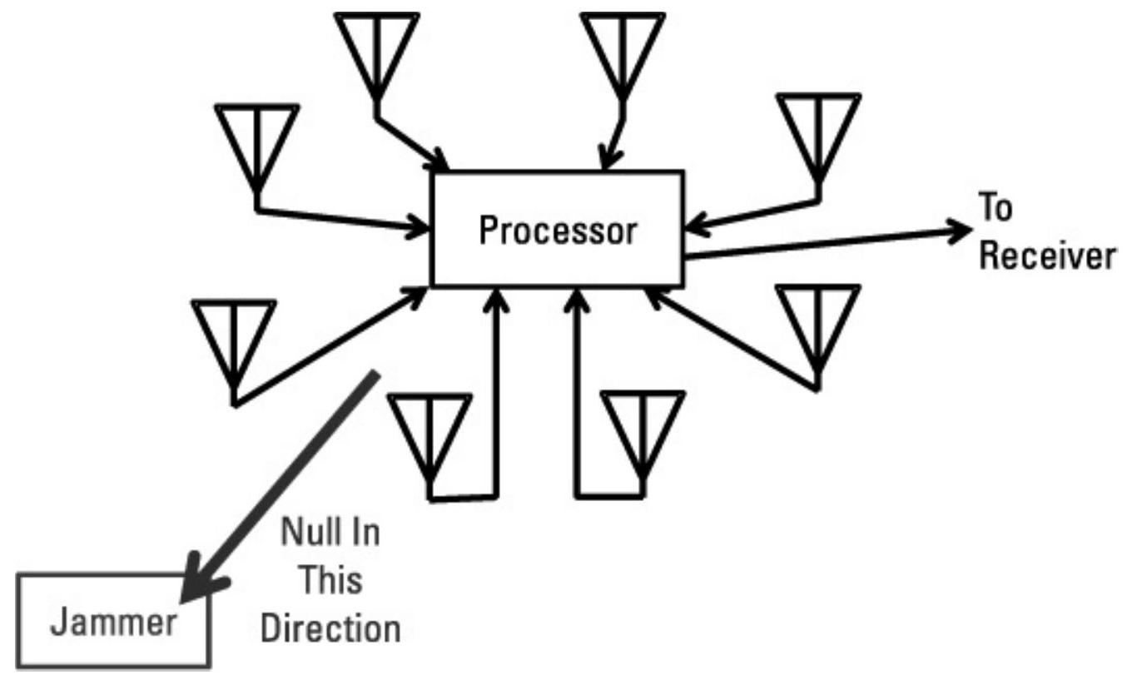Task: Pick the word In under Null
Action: click(x=365, y=533)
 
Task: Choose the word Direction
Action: click(x=330, y=628)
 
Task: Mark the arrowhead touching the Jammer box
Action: click(x=200, y=583)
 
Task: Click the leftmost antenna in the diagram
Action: click(x=234, y=341)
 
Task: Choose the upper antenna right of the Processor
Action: click(x=817, y=133)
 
